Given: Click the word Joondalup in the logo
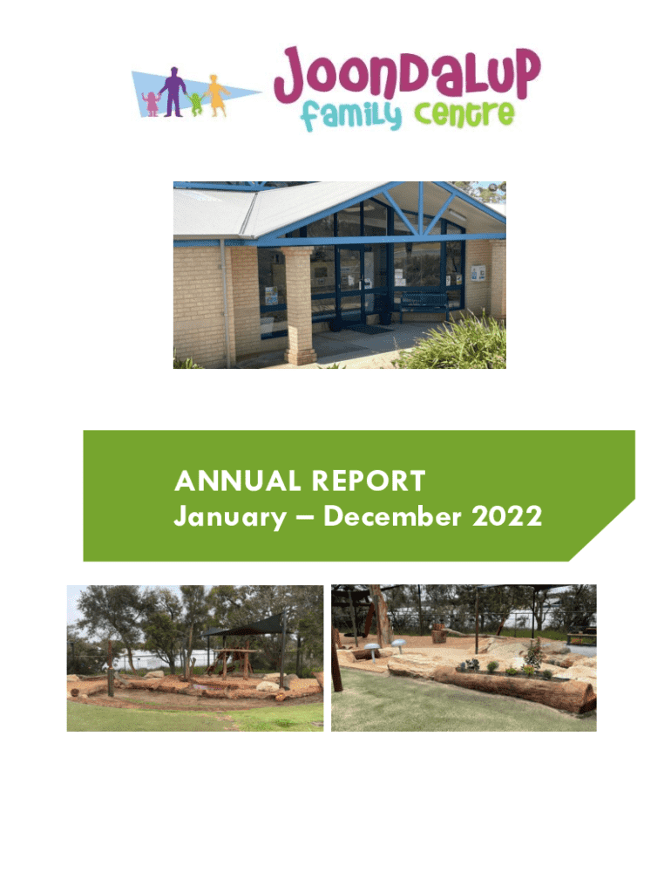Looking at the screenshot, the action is coord(407,75).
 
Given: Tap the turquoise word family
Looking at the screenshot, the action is coord(350,116).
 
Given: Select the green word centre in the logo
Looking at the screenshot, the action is coord(464,114).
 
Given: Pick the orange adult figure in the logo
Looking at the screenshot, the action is coord(216,95).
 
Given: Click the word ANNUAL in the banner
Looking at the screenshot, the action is coord(237,481).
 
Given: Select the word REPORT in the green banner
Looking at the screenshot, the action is coord(369,481).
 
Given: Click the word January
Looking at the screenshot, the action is coord(231,517).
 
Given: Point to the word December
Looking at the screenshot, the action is coord(392,516).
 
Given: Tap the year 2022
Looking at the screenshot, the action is coord(507,516).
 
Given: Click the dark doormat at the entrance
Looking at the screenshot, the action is coord(370,329).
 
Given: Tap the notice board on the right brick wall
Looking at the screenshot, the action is coord(478,273).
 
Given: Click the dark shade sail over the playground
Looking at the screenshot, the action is coord(245,624).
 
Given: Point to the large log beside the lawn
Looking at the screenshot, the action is coord(515,690).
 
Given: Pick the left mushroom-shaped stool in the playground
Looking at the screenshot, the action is coord(371,651).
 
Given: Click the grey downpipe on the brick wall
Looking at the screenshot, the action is coord(227,301).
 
